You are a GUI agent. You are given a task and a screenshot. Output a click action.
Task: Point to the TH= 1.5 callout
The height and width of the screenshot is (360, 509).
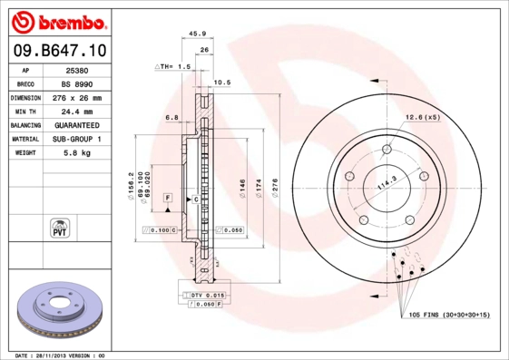[x=172, y=67]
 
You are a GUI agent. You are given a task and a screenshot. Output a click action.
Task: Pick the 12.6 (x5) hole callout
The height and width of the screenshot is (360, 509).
[x=422, y=117]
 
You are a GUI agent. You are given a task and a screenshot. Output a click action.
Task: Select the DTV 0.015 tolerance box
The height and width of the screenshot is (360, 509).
[x=207, y=296]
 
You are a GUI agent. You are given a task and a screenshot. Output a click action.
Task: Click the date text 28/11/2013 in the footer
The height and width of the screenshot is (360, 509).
[x=53, y=355]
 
